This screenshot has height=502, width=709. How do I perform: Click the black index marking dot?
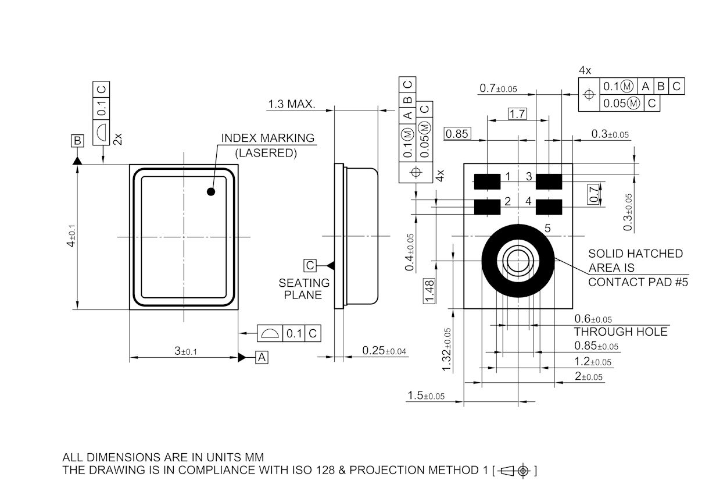click(211, 191)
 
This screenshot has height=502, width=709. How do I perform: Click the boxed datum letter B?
click(77, 141)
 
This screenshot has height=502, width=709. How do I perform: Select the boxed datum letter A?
click(262, 357)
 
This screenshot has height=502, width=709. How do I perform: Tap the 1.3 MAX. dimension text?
click(292, 104)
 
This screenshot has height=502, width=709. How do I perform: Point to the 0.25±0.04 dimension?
click(384, 351)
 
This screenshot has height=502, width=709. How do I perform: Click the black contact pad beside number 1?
click(487, 181)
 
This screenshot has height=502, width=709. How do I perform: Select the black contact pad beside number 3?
click(549, 181)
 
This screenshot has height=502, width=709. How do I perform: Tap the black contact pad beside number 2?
click(487, 207)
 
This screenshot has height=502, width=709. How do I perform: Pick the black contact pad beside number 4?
click(549, 207)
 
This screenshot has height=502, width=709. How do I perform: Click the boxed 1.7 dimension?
click(517, 113)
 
